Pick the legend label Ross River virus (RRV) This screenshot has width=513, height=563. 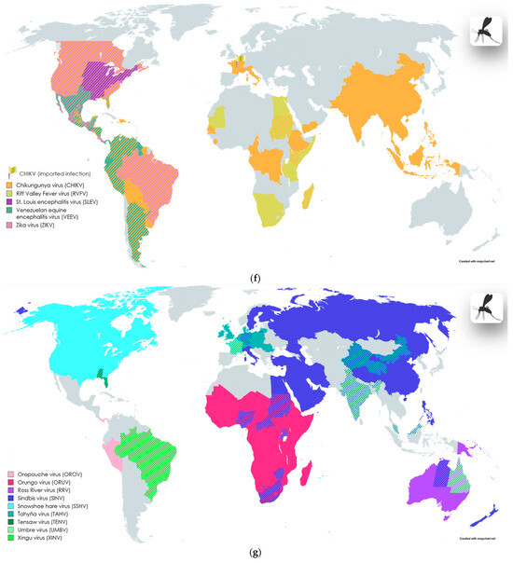[x=52, y=491]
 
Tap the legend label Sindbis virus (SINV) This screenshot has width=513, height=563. [x=49, y=500]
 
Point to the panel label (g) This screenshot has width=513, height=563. [x=256, y=556]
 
